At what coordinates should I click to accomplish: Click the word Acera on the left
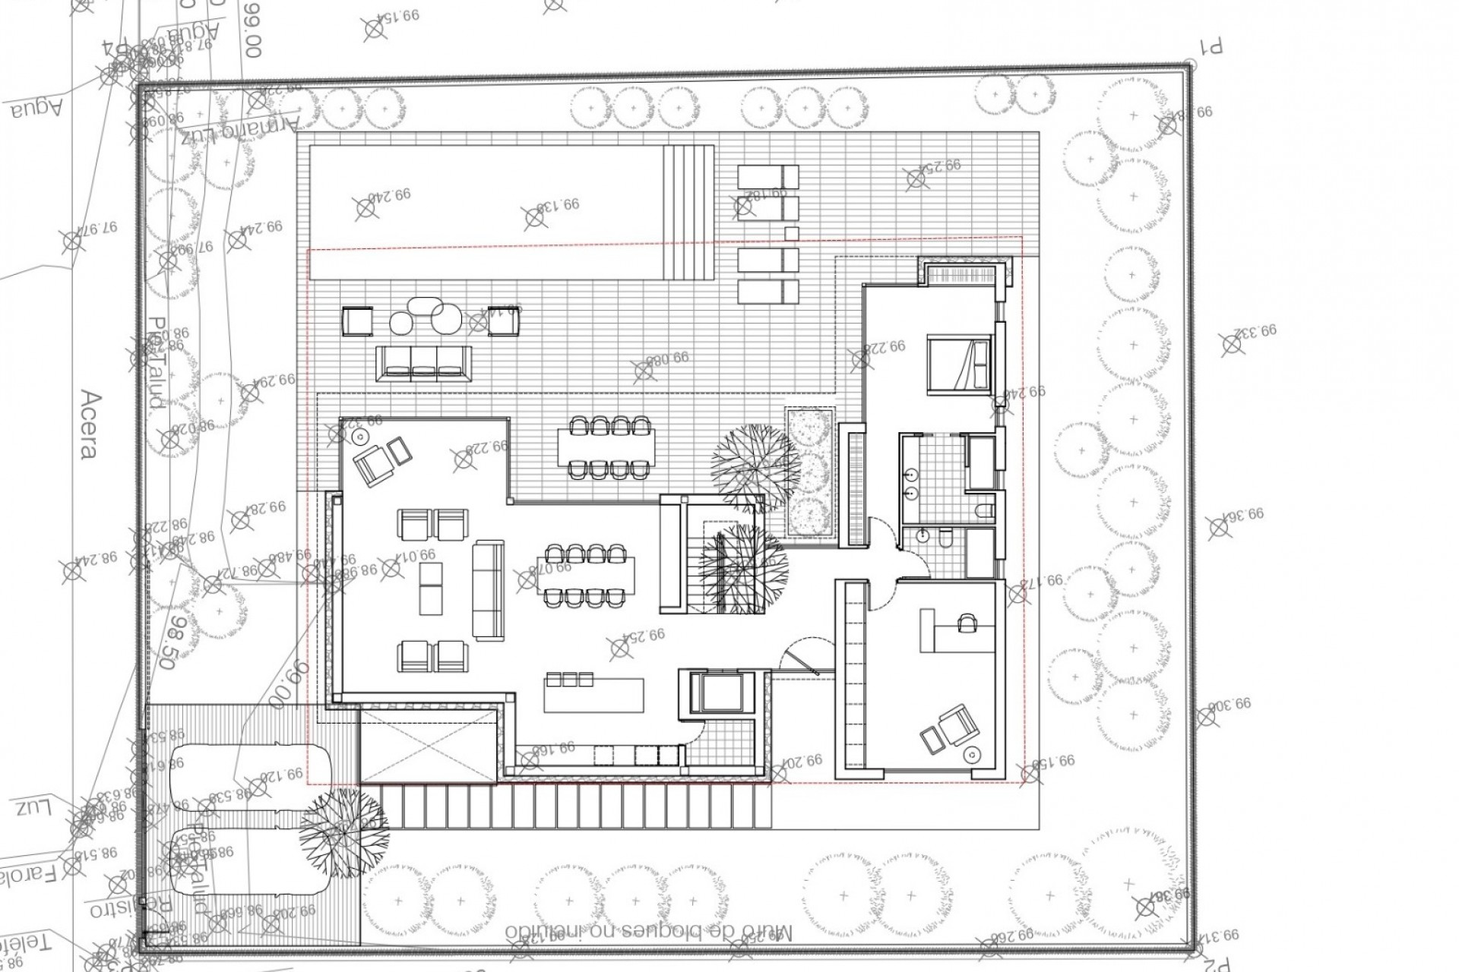tap(89, 425)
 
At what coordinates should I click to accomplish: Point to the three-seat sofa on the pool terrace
tap(424, 364)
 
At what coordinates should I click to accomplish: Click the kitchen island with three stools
tap(593, 693)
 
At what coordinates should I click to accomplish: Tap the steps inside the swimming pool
tap(689, 213)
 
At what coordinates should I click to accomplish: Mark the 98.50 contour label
tap(176, 642)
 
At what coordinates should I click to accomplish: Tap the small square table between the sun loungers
tap(790, 233)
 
